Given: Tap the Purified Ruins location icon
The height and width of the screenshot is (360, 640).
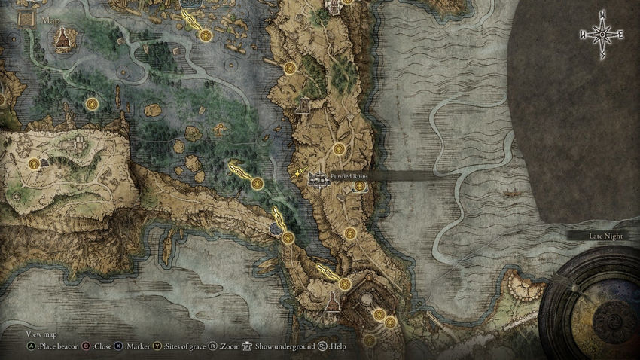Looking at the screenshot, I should pyautogui.click(x=319, y=180).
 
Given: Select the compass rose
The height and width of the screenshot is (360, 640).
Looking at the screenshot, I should pyautogui.click(x=602, y=35).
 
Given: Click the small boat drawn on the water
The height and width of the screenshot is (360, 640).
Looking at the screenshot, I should pyautogui.click(x=514, y=193).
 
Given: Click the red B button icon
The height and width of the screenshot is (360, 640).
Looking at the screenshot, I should pyautogui.click(x=86, y=347).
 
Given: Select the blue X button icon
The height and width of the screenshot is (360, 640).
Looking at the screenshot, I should pyautogui.click(x=119, y=347).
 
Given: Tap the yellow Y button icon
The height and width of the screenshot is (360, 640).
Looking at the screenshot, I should pyautogui.click(x=157, y=347).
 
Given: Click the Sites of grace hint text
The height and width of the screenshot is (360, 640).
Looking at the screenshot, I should pyautogui.click(x=184, y=347).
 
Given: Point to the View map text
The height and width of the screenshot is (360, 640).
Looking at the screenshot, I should pyautogui.click(x=41, y=334).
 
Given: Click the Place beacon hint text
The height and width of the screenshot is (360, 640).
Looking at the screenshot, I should pyautogui.click(x=56, y=347).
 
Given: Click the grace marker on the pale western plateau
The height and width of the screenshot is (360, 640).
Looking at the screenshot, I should pyautogui.click(x=34, y=163).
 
